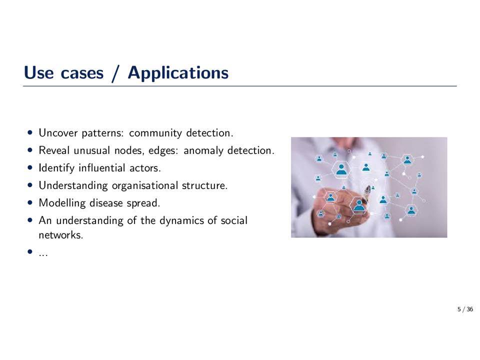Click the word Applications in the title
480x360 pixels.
click(178, 73)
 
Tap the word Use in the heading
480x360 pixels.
click(38, 72)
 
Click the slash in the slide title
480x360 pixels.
click(115, 73)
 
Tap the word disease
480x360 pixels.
click(106, 203)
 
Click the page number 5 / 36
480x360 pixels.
click(465, 309)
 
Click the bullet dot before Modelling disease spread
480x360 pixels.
click(29, 202)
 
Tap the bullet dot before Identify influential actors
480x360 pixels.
click(29, 167)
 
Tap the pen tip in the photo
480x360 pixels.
click(368, 187)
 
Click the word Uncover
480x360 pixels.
click(58, 133)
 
